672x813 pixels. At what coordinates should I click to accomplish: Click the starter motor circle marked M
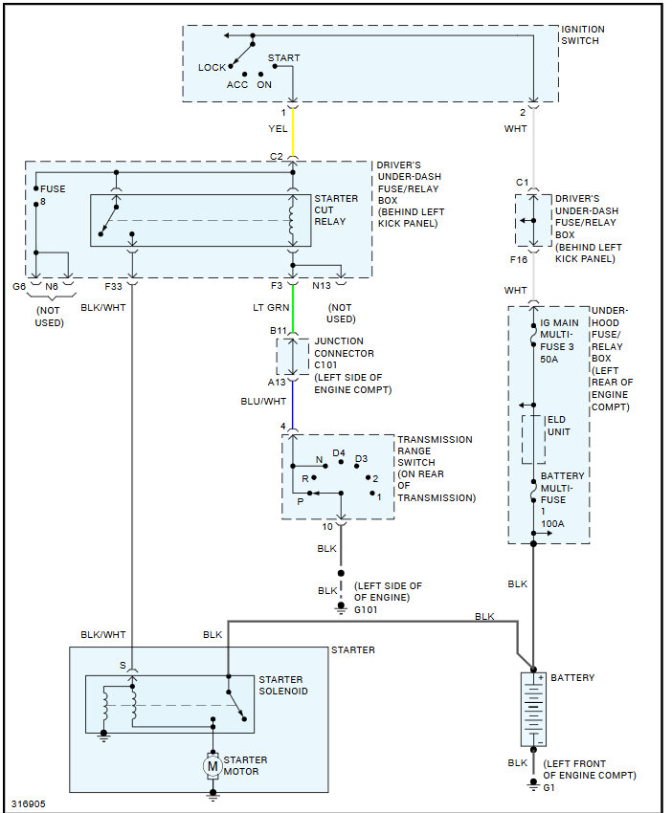coord(213,766)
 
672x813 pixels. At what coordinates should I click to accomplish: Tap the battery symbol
coord(533,710)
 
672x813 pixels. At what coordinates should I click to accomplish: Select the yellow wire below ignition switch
coord(293,133)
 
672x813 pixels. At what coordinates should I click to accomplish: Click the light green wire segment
coord(293,309)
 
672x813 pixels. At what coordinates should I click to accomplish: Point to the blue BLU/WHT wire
coord(293,405)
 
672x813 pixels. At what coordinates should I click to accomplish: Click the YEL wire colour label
coord(278,128)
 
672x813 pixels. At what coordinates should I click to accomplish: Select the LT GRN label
coord(271,307)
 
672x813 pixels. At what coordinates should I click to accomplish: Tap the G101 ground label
coord(366,610)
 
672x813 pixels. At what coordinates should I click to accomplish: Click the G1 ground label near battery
coord(549,787)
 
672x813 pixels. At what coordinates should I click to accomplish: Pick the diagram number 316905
coord(29,803)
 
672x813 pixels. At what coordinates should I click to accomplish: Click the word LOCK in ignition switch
coord(212,67)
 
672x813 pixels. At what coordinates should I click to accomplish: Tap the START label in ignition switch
coord(284,58)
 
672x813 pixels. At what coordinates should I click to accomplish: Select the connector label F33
coord(113,286)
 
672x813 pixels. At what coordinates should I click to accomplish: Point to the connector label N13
coord(322,286)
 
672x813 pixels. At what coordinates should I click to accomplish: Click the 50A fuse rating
coord(549,359)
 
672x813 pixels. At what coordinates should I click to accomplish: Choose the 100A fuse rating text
coord(552,524)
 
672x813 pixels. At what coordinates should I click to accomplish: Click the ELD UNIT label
coord(558,426)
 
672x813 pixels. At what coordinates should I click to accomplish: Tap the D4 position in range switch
coord(339,453)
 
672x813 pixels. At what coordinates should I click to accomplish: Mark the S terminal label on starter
coord(123,666)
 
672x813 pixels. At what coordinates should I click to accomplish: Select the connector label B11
coord(279,331)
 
